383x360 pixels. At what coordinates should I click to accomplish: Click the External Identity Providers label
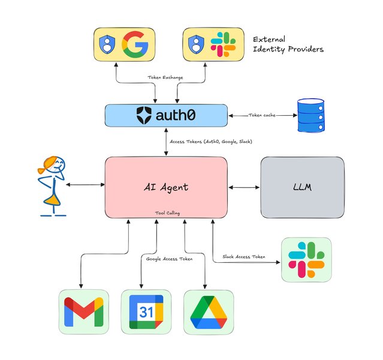click(288, 43)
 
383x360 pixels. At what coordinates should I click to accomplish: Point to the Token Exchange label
click(165, 78)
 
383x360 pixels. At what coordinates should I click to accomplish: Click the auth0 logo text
click(166, 115)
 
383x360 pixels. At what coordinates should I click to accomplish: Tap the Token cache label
click(261, 115)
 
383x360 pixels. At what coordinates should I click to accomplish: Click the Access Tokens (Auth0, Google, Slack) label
click(212, 142)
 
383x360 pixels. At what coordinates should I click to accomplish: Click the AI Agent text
click(166, 187)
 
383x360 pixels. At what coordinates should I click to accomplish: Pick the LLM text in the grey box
click(302, 187)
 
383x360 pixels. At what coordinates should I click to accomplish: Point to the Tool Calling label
click(166, 212)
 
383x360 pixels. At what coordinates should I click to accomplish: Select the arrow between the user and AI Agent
click(86, 185)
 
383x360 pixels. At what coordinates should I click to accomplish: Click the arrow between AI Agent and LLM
click(244, 188)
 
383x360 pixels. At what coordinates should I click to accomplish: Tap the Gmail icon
click(83, 312)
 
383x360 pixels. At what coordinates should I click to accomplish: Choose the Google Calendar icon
click(146, 312)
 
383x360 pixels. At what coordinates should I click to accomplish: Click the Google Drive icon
click(208, 312)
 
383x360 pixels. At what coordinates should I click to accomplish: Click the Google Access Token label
click(171, 259)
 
